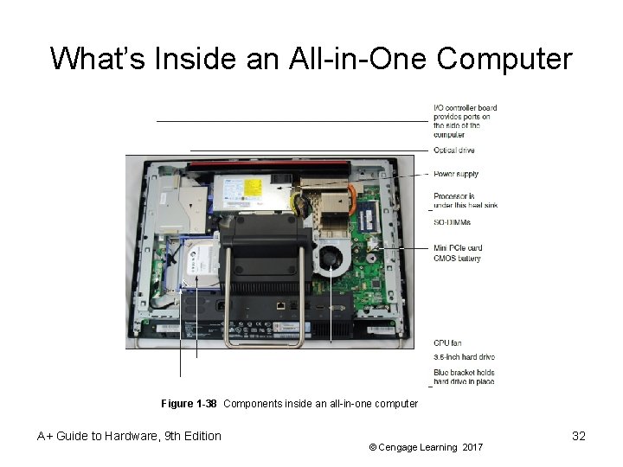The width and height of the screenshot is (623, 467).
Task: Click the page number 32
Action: coord(579,436)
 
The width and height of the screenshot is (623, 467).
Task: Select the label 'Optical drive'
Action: coord(454,150)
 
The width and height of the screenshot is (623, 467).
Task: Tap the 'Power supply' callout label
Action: coord(456,174)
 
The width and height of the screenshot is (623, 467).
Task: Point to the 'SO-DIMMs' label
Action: coord(453,222)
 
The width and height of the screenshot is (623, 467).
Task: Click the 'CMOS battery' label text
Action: coord(458,259)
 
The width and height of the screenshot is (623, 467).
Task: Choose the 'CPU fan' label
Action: coord(447,343)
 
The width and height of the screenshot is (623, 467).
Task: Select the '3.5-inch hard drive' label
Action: coord(464,357)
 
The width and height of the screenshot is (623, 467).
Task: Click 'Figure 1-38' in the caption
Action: coord(189,404)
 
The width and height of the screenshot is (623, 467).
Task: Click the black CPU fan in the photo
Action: coord(329,258)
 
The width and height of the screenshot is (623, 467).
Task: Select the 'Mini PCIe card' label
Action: coord(458,248)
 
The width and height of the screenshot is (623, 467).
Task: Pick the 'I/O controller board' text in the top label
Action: coord(465,108)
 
